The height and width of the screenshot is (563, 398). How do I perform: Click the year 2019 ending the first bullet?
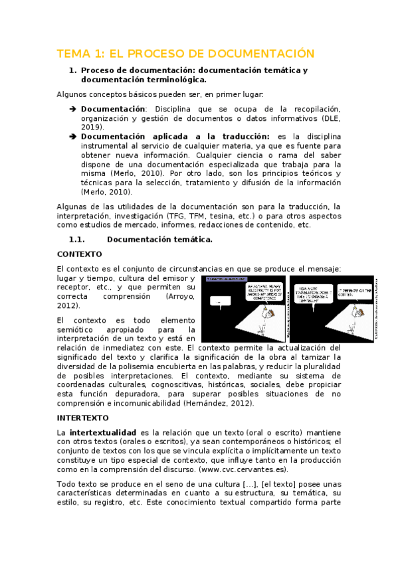[x=92, y=126]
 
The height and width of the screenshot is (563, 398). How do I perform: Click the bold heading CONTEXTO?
[x=79, y=254]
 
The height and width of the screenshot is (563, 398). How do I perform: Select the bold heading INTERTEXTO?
[x=83, y=418]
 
